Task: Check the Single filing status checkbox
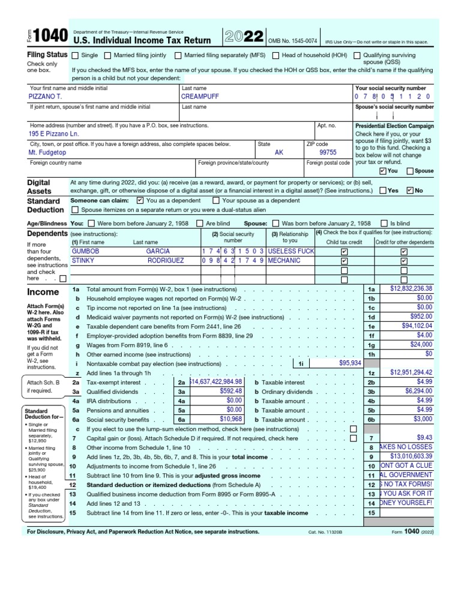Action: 75,56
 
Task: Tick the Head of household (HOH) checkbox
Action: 276,56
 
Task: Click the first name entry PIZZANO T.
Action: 46,96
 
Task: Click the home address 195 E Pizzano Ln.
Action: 55,135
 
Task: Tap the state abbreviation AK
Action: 279,153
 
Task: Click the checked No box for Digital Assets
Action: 411,190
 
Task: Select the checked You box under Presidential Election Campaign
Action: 383,171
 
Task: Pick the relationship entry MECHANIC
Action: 284,261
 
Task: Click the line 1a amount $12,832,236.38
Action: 411,289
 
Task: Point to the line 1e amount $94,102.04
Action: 411,326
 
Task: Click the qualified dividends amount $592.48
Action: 226,391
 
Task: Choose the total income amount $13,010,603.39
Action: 411,456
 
